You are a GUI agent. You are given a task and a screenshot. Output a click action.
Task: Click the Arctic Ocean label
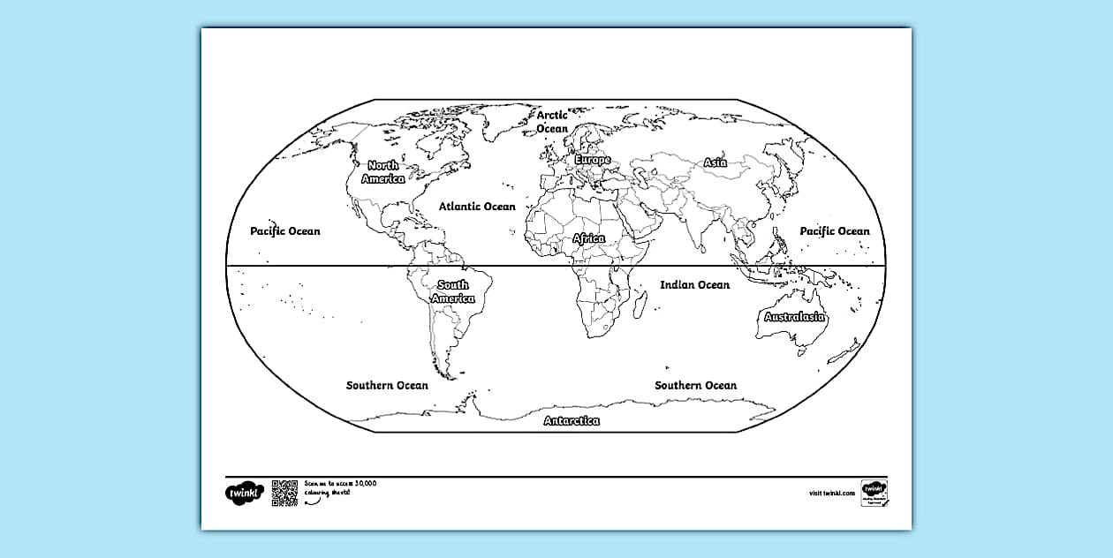tap(552, 122)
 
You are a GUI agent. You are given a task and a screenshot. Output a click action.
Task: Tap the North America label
tap(383, 172)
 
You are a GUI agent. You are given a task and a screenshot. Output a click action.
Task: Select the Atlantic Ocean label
tap(477, 207)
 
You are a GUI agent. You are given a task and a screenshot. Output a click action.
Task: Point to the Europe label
tap(592, 161)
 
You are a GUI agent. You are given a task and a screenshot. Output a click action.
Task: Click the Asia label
tap(715, 162)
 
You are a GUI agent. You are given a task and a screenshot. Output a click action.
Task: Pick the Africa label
tap(589, 239)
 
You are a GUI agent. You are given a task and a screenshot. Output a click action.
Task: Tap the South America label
tap(453, 291)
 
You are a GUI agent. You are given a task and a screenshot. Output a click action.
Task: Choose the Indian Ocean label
tap(695, 285)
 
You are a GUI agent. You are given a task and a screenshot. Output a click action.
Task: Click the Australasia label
tap(795, 317)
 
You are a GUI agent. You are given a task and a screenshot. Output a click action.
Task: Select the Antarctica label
tap(572, 421)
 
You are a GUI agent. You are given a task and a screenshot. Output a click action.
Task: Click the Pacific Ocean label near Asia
tap(835, 231)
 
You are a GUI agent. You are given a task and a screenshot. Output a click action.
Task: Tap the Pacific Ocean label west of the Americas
tap(285, 231)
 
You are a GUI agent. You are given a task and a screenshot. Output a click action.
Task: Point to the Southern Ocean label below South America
tap(387, 386)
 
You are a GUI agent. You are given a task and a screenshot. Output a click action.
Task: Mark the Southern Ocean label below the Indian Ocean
tap(695, 386)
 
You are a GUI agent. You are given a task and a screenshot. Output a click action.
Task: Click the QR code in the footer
tap(284, 494)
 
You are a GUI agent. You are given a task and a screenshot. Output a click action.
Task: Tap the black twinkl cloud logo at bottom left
tap(245, 493)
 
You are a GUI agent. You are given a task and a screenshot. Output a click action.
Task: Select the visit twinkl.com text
tap(830, 494)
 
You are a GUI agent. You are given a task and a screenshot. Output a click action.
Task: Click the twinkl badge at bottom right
tap(874, 493)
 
